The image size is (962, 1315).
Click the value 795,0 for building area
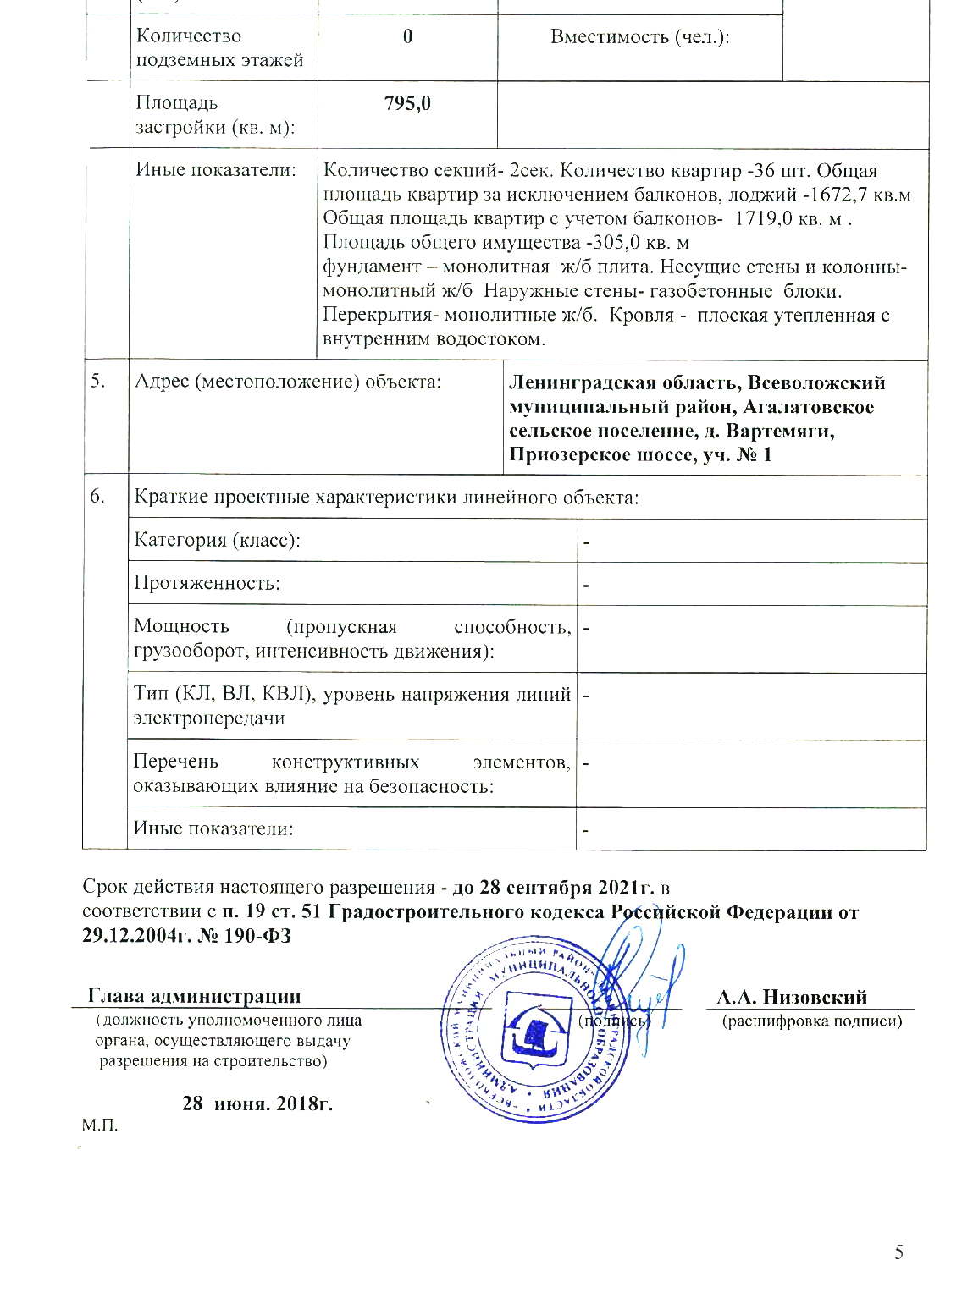(x=407, y=103)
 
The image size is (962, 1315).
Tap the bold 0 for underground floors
(x=408, y=36)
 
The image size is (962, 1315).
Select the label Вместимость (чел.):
(x=640, y=36)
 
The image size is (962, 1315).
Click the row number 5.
(x=99, y=381)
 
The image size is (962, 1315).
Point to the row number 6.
(x=99, y=496)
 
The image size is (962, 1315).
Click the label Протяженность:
(x=207, y=584)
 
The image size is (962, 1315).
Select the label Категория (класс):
(x=217, y=540)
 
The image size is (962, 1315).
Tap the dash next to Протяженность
(x=586, y=586)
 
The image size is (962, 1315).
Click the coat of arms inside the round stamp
(x=533, y=1037)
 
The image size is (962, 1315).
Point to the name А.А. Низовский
(x=792, y=997)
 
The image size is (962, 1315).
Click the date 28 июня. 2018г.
(x=257, y=1103)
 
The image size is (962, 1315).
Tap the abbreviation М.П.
(x=100, y=1125)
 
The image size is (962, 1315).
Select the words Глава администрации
(x=195, y=997)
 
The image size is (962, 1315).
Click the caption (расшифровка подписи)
(x=811, y=1021)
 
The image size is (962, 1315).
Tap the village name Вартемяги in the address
(x=781, y=432)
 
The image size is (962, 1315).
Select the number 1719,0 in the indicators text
(x=762, y=218)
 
